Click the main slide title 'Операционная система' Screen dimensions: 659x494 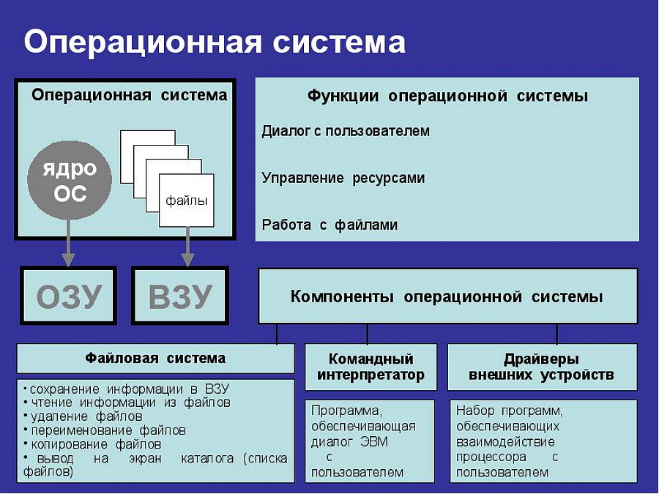215,42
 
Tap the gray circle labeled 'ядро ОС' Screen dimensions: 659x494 70,180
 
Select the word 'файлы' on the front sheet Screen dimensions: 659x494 186,201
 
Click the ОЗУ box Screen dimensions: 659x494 69,296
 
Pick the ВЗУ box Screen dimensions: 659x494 180,296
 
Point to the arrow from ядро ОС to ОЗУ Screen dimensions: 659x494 67,242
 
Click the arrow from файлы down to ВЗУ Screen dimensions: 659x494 187,247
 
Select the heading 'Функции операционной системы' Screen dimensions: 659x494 447,96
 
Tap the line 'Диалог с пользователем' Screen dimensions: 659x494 346,131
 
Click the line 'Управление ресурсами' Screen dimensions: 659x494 343,178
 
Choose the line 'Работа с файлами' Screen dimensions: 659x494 329,225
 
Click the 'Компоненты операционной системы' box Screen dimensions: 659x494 448,296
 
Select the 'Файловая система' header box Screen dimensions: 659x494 155,359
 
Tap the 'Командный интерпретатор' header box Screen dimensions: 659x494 371,367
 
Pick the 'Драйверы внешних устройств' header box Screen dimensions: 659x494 542,367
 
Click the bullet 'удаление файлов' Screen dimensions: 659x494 83,416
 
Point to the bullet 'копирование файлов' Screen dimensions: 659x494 92,444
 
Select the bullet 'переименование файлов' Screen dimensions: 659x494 105,430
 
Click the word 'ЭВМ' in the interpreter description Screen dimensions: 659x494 374,442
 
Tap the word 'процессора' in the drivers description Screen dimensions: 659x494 491,457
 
